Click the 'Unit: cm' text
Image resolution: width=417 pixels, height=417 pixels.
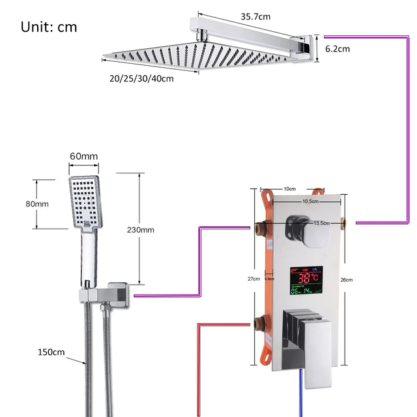pos(49,27)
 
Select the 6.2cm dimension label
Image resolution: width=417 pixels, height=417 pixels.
pos(338,49)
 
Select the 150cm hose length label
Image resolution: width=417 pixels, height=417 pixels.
pos(51,352)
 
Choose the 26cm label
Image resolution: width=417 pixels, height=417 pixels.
pos(346,280)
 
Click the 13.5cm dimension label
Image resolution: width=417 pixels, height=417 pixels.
pos(321,223)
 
